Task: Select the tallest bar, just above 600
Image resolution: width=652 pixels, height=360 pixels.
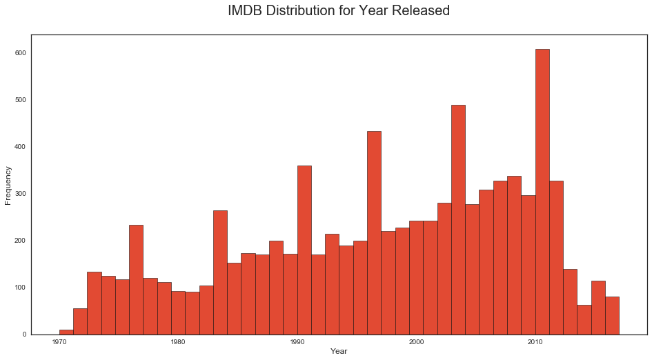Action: click(542, 193)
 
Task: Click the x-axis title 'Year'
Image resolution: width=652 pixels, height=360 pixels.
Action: click(339, 352)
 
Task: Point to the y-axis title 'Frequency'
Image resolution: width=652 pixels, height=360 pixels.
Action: click(8, 184)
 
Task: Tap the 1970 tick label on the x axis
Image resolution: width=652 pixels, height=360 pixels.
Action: click(59, 342)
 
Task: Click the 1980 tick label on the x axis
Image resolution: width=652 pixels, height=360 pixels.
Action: click(178, 342)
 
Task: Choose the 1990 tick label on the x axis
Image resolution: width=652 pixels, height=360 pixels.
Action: click(297, 342)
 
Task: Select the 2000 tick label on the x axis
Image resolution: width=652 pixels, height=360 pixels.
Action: click(416, 342)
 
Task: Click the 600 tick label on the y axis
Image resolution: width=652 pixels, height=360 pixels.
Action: click(21, 53)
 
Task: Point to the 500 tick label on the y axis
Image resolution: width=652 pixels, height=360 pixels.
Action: click(21, 100)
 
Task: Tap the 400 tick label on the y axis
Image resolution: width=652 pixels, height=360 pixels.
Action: click(21, 147)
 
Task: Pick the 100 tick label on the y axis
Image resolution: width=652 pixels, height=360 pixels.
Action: click(21, 288)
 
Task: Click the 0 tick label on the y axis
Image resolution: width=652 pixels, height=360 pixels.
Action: click(25, 334)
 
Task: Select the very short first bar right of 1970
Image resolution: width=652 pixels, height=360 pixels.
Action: click(66, 332)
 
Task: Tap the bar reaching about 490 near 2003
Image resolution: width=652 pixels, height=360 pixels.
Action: click(458, 220)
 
